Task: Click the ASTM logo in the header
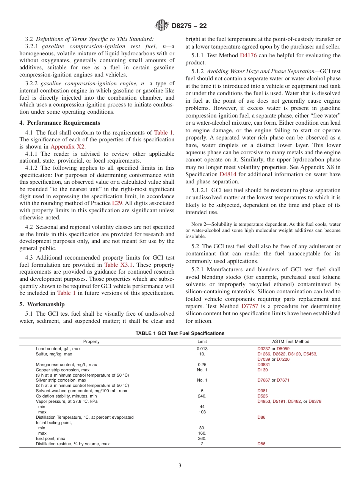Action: tap(162, 26)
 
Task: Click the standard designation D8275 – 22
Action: tap(189, 26)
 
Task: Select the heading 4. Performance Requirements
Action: tap(60, 123)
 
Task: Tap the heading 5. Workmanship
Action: tap(42, 304)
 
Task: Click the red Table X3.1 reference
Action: tap(116, 265)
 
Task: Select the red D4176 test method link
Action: tap(248, 55)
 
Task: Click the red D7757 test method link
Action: tap(250, 306)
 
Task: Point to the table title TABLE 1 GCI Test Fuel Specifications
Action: tap(180, 333)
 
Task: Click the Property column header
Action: tap(91, 341)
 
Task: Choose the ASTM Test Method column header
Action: tap(291, 341)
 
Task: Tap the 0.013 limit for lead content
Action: tap(202, 349)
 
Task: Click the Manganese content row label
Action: tap(66, 365)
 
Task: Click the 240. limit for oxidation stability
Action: tap(202, 396)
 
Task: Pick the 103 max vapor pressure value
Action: tap(202, 412)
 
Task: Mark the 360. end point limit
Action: tap(202, 438)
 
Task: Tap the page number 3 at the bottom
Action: tap(180, 466)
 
